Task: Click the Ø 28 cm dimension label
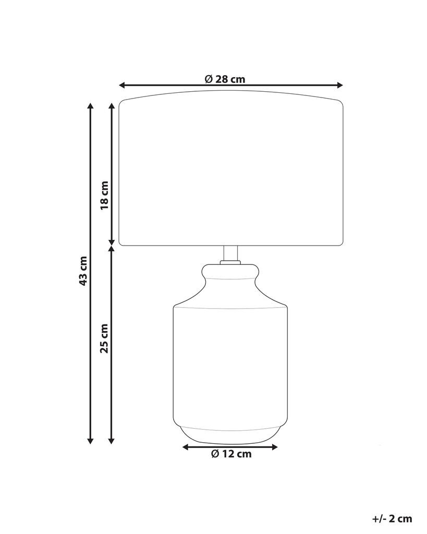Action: [225, 79]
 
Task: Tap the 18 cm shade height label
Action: [105, 195]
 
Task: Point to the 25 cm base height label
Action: [105, 338]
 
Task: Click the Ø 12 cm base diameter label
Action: [231, 454]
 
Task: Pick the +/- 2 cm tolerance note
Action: [392, 519]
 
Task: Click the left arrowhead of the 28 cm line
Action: [122, 85]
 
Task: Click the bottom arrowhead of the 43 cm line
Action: [90, 441]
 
